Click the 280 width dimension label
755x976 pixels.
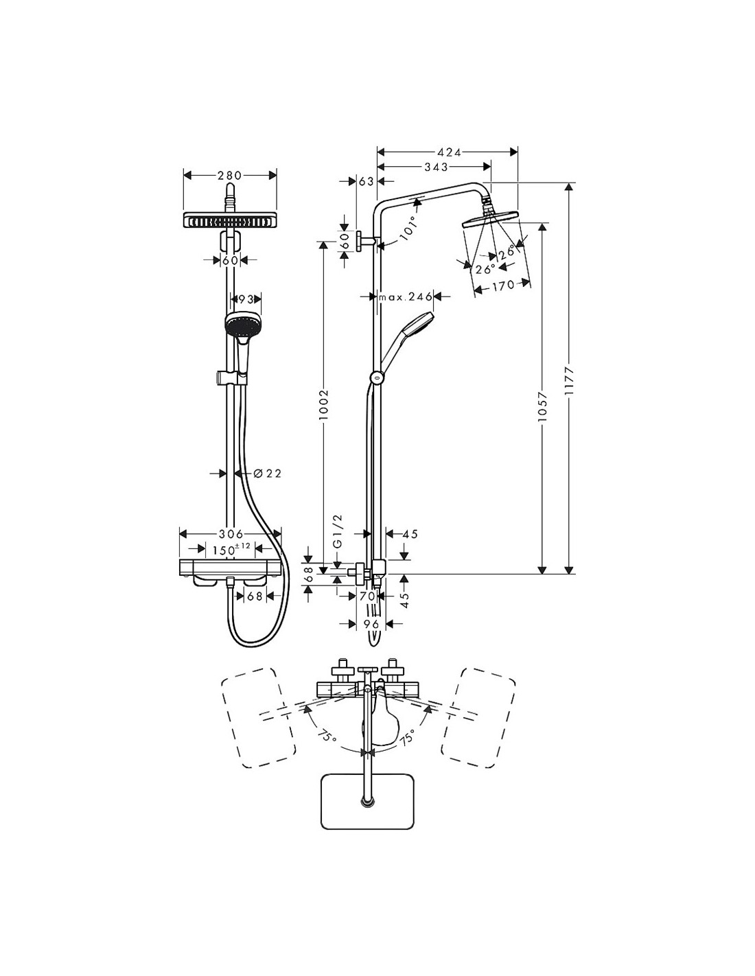230,176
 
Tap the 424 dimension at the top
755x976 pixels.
448,152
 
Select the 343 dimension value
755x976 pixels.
435,167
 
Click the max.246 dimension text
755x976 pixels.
406,297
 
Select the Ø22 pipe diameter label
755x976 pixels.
266,473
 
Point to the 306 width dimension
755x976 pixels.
230,533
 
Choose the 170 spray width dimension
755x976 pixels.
502,286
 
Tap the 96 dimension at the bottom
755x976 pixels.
371,624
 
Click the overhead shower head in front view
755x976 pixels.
229,221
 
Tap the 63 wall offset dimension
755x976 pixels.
365,181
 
